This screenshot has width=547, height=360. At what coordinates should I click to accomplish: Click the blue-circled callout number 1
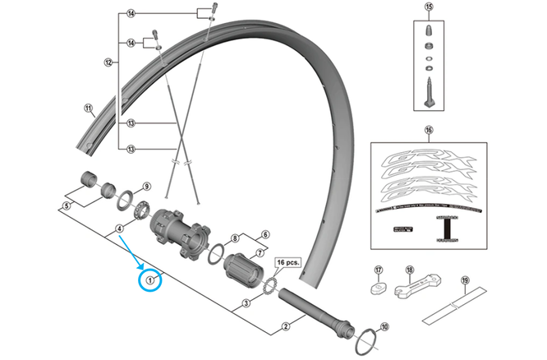(x=151, y=279)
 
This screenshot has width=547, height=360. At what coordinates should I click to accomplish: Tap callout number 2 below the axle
(x=286, y=327)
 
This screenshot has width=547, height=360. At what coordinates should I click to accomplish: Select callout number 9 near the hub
(x=146, y=187)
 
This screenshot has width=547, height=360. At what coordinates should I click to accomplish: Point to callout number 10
(x=385, y=326)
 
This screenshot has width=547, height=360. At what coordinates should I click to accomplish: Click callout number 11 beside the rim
(x=89, y=108)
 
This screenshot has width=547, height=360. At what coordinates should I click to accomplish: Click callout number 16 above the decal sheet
(x=427, y=131)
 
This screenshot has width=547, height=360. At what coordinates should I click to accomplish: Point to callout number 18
(x=410, y=270)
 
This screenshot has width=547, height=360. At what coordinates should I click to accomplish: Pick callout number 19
(x=464, y=280)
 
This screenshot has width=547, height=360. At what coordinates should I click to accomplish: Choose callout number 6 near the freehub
(x=265, y=234)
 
